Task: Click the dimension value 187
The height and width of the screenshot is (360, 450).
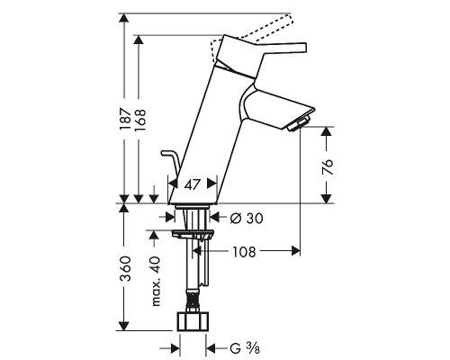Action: pyautogui.click(x=125, y=120)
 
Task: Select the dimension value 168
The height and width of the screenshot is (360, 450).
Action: pyautogui.click(x=139, y=120)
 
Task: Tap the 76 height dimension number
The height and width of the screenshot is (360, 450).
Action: pyautogui.click(x=328, y=167)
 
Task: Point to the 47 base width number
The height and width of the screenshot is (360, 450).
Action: pyautogui.click(x=192, y=184)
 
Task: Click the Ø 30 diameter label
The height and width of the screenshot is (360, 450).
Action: pyautogui.click(x=247, y=219)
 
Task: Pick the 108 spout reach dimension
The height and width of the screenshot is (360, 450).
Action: pyautogui.click(x=245, y=252)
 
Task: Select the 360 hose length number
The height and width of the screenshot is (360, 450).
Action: pyautogui.click(x=125, y=268)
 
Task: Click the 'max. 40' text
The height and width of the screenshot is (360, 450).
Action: pyautogui.click(x=157, y=282)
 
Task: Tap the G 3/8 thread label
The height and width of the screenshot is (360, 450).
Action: pyautogui.click(x=245, y=348)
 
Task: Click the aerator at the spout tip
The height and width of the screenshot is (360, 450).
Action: pyautogui.click(x=299, y=124)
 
